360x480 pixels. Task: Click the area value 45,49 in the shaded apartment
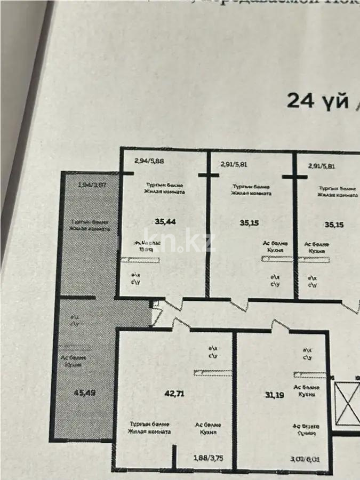point(85,393)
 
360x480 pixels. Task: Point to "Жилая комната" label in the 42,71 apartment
point(150,431)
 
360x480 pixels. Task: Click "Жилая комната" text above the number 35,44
point(166,192)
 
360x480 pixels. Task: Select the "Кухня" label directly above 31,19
point(307,395)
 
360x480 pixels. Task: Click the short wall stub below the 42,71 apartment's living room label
point(174,457)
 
